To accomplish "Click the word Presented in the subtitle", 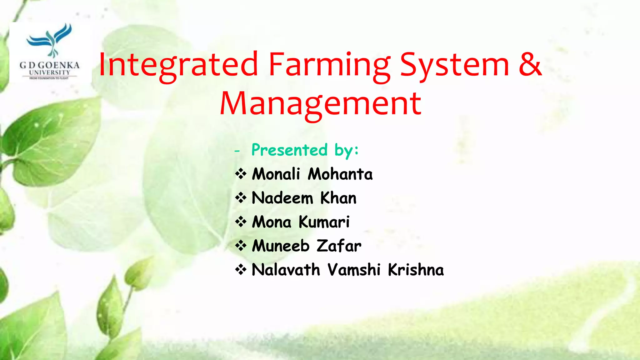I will tap(289, 150).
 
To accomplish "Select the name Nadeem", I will tap(282, 198).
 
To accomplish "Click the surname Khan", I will tap(338, 198).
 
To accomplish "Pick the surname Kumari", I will tap(324, 222).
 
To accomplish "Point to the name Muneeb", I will tap(280, 246).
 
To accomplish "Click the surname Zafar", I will tap(339, 246).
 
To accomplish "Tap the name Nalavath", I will tap(286, 270).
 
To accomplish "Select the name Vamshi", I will tap(354, 270).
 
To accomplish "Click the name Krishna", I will tap(416, 270).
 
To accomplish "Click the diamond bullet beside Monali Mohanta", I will tap(241, 174).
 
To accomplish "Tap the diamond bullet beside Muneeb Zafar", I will tap(241, 246).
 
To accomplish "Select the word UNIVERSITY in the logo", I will tap(49, 72).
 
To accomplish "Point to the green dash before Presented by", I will tap(237, 151).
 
